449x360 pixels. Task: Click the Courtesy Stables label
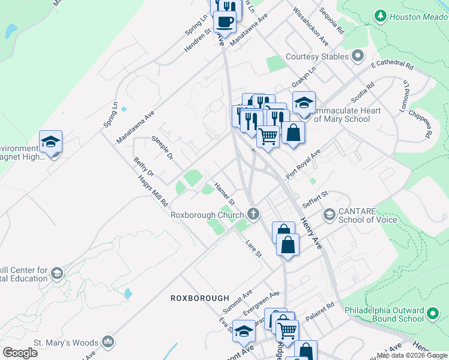pos(317,56)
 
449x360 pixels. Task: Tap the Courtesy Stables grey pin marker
pos(358,56)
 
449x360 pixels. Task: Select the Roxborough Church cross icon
pos(254,214)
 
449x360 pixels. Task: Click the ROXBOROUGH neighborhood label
pos(200,298)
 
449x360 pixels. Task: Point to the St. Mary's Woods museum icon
pos(108,342)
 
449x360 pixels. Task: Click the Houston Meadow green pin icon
pos(379,16)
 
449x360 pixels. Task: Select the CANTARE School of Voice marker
pos(329,214)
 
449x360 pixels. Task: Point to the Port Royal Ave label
pos(304,164)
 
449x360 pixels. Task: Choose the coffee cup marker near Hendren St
pos(224,22)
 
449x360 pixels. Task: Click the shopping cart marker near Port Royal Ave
pos(268,136)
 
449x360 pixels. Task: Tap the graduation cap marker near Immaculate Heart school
pos(304,102)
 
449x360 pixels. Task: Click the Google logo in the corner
pos(20,352)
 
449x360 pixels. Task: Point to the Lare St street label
pos(254,248)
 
